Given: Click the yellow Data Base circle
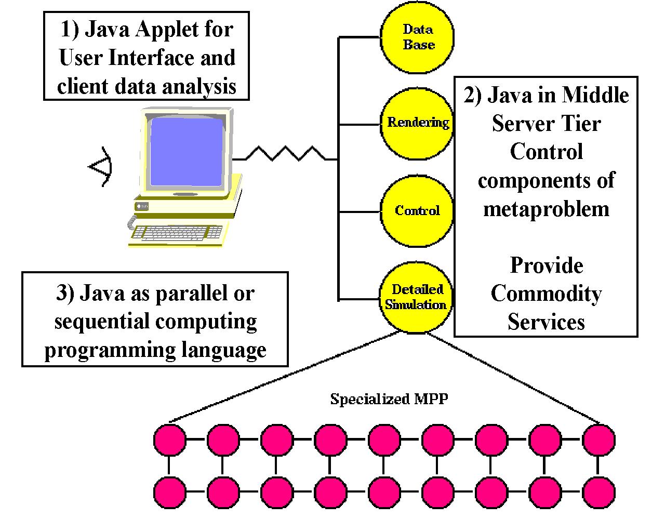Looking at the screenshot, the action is tap(417, 37).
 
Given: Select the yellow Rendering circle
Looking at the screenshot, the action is tap(417, 124).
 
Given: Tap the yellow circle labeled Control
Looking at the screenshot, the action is tap(417, 211).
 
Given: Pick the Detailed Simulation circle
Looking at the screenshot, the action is tap(416, 298).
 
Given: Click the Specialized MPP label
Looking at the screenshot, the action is tap(389, 399).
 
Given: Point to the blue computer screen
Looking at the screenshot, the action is tap(187, 152).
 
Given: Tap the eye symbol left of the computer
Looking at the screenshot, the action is tap(100, 167).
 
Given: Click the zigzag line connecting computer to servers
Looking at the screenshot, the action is tap(285, 154).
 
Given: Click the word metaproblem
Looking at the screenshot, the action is tap(546, 209).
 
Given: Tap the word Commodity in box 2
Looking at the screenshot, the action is tap(546, 294).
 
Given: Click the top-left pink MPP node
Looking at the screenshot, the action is tap(170, 440).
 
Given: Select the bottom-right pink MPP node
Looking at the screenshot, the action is tap(598, 493).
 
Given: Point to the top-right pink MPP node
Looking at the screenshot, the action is tap(598, 440).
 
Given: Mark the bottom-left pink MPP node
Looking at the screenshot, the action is tap(170, 493).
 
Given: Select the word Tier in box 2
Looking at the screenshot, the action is tap(581, 124).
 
